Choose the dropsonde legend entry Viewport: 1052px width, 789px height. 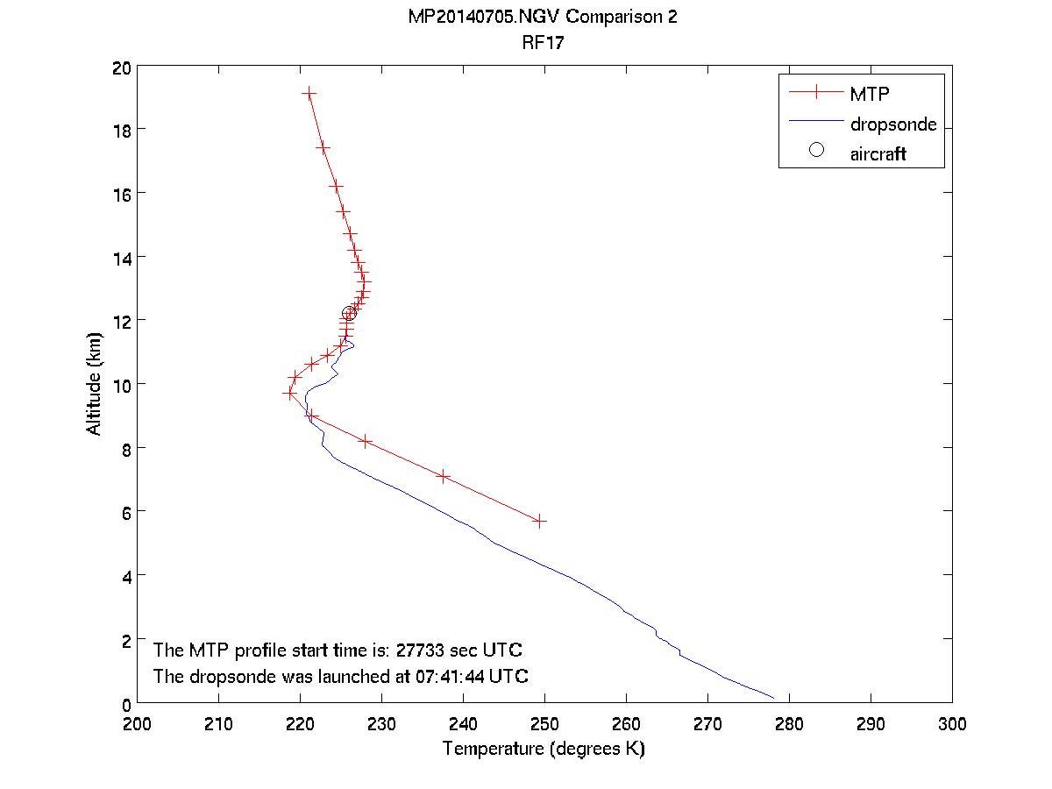[892, 124]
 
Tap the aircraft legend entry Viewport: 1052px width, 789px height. [878, 154]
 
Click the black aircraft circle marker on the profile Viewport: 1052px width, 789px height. [349, 314]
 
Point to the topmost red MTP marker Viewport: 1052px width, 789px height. [309, 92]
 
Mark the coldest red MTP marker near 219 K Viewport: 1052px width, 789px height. [290, 394]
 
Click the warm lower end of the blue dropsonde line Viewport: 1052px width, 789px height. [773, 698]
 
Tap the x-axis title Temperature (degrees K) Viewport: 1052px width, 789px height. [544, 750]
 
